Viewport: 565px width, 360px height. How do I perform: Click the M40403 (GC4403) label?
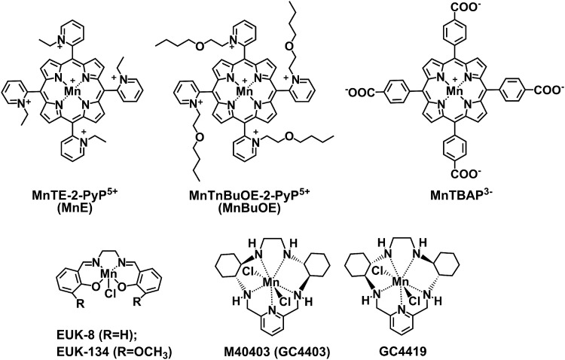point(274,349)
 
